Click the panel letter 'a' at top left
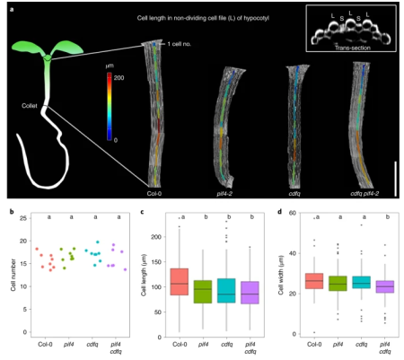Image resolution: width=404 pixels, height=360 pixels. click(11, 12)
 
